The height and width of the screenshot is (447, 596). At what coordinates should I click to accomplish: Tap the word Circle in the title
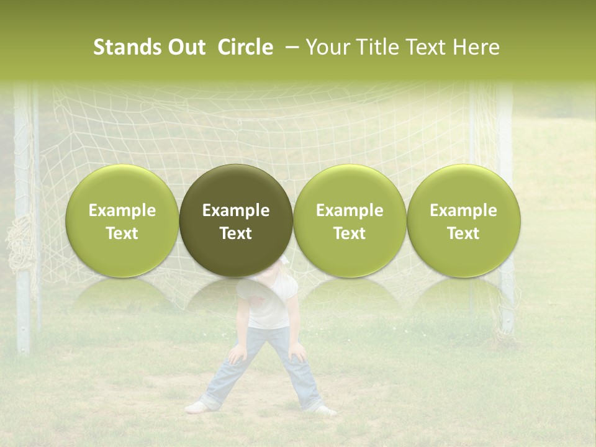pyautogui.click(x=245, y=48)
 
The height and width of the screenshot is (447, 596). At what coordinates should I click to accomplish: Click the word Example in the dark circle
pyautogui.click(x=236, y=210)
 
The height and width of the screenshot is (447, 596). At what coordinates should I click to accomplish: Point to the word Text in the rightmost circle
pyautogui.click(x=463, y=233)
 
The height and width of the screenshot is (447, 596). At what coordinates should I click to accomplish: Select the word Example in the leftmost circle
pyautogui.click(x=122, y=210)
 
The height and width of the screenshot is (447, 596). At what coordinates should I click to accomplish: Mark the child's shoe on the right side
pyautogui.click(x=324, y=410)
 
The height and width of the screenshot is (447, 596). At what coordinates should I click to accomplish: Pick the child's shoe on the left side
pyautogui.click(x=196, y=407)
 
